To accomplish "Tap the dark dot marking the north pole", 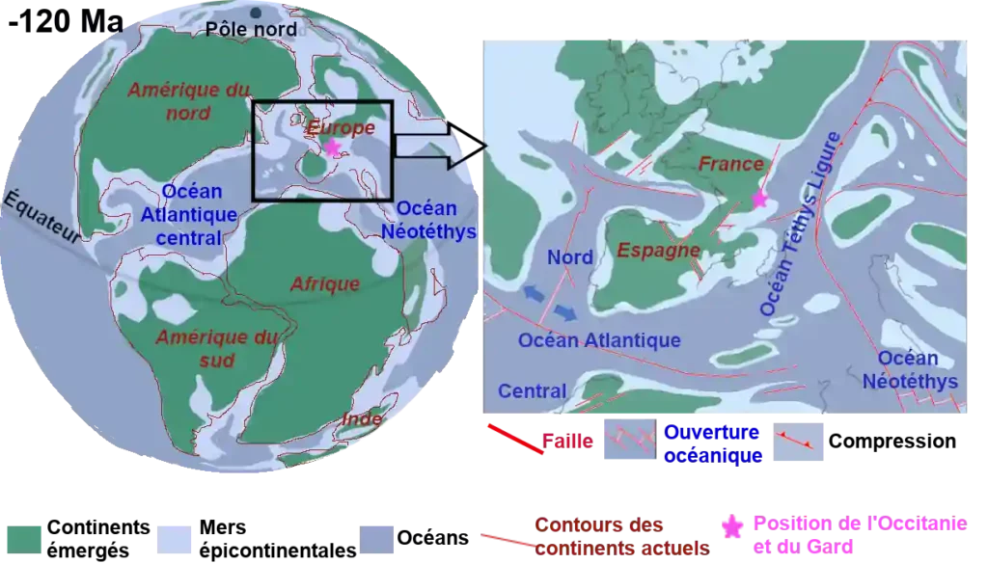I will point(256,13).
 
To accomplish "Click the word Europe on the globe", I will point(341,127).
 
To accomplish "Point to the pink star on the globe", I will point(333,148).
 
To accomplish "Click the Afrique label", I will point(325,283).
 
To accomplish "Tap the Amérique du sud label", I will point(203,349).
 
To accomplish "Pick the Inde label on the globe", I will point(362,419).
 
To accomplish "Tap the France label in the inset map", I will point(730,164).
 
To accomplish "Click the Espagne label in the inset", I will point(659,251).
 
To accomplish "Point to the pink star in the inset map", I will point(760,200).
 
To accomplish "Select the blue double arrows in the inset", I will point(546,302).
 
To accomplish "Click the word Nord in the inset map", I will point(570,257).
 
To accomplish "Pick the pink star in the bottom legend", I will point(733,527).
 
